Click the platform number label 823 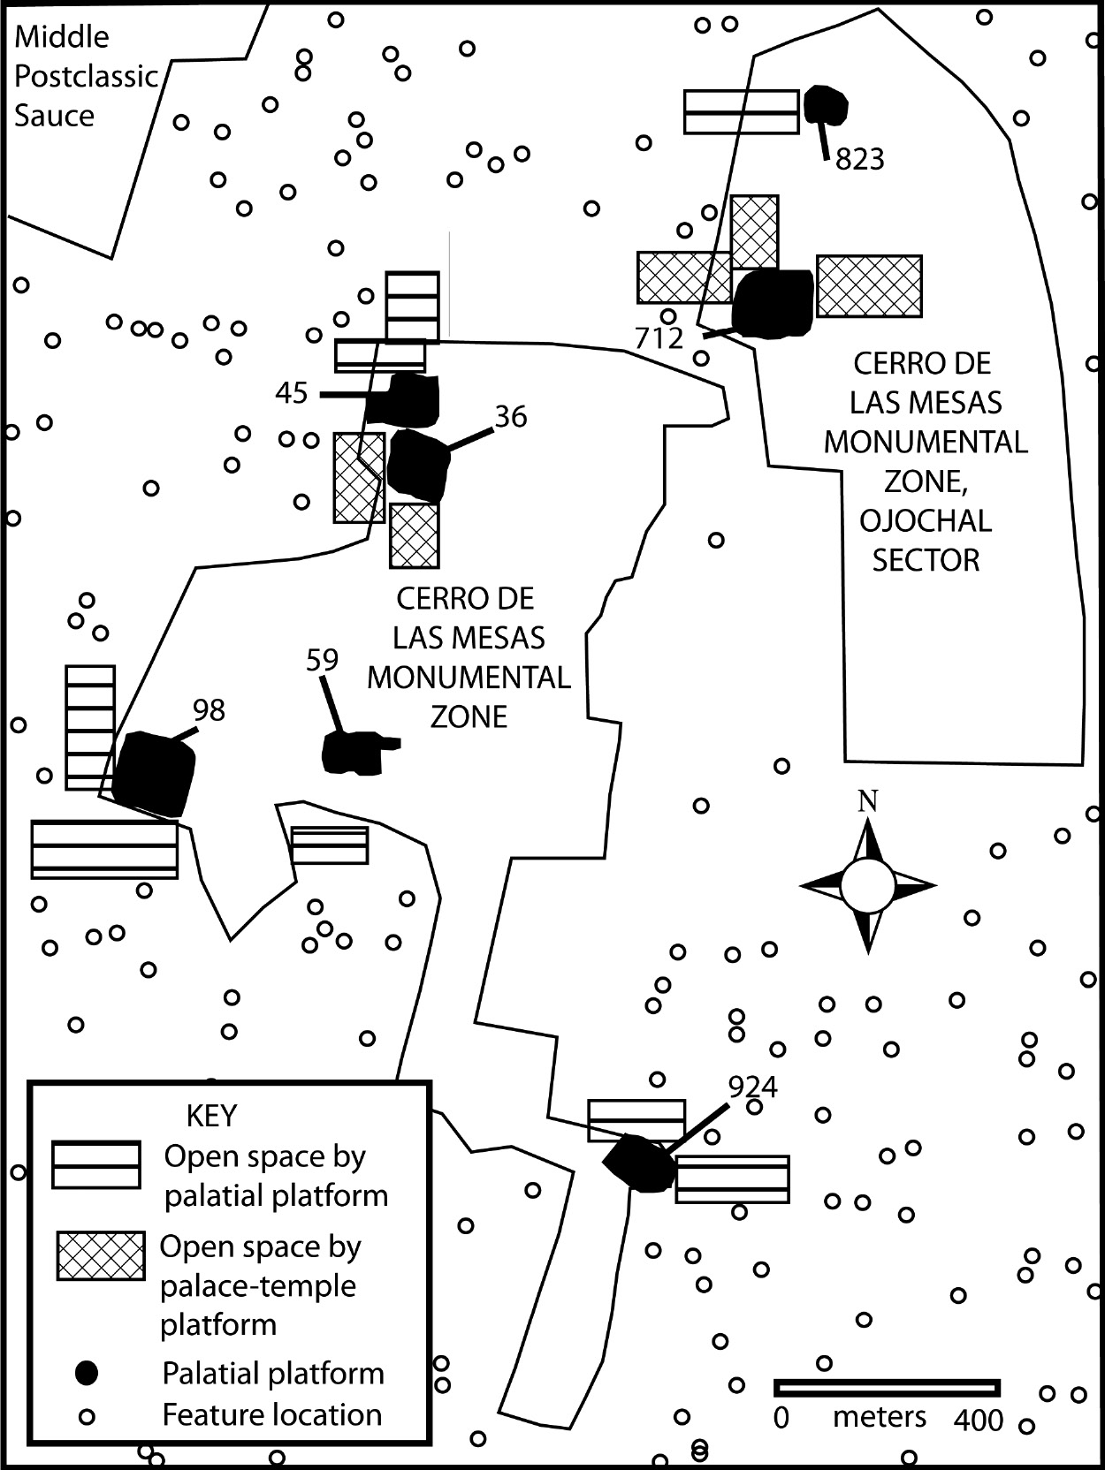pyautogui.click(x=859, y=159)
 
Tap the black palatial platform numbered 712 pyautogui.click(x=773, y=302)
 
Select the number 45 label pyautogui.click(x=291, y=392)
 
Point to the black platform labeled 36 pyautogui.click(x=417, y=464)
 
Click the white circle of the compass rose pyautogui.click(x=867, y=886)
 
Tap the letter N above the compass pyautogui.click(x=868, y=801)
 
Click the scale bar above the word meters pyautogui.click(x=887, y=1388)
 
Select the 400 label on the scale pyautogui.click(x=979, y=1421)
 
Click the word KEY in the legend pyautogui.click(x=211, y=1116)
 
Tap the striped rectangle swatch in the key pyautogui.click(x=96, y=1165)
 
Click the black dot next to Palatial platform pyautogui.click(x=87, y=1372)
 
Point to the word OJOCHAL pyautogui.click(x=926, y=520)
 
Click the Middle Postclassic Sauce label pyautogui.click(x=85, y=77)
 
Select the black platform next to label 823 pyautogui.click(x=826, y=105)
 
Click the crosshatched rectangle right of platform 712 pyautogui.click(x=869, y=285)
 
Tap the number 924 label pyautogui.click(x=752, y=1087)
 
